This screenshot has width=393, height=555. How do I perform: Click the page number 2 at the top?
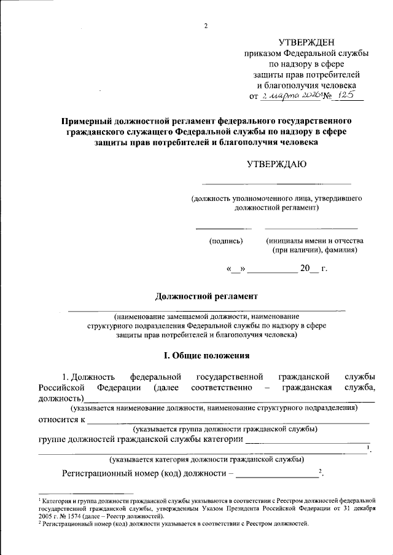click(x=207, y=25)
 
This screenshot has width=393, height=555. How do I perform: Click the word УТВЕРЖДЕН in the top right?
click(x=306, y=42)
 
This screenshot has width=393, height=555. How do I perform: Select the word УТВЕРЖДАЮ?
click(x=276, y=164)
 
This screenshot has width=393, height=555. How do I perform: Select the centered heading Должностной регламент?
click(x=206, y=296)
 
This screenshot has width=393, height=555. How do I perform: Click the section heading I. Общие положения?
click(x=206, y=355)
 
